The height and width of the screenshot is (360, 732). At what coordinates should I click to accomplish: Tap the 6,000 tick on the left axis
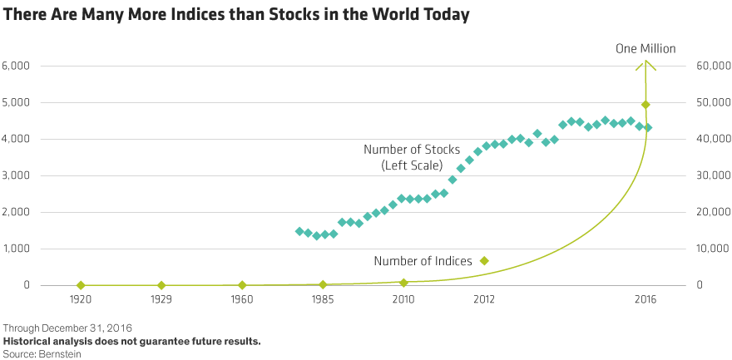17,66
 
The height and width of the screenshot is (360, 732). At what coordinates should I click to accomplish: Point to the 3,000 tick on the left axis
17,175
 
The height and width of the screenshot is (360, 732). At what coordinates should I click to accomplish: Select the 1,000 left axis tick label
17,249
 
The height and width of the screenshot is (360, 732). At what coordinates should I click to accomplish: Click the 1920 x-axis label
81,298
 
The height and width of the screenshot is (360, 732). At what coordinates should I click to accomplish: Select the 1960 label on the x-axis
242,298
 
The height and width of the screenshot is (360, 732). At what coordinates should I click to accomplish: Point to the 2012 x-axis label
484,298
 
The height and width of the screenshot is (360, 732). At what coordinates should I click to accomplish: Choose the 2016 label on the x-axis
645,298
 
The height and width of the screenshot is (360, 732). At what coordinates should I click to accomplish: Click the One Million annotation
645,48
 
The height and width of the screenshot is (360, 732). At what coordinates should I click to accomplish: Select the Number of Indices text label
423,261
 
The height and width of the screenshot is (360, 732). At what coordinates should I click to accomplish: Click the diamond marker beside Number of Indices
484,261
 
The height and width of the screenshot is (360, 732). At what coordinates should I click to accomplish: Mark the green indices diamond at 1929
161,285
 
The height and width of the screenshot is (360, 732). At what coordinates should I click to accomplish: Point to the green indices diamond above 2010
403,284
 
